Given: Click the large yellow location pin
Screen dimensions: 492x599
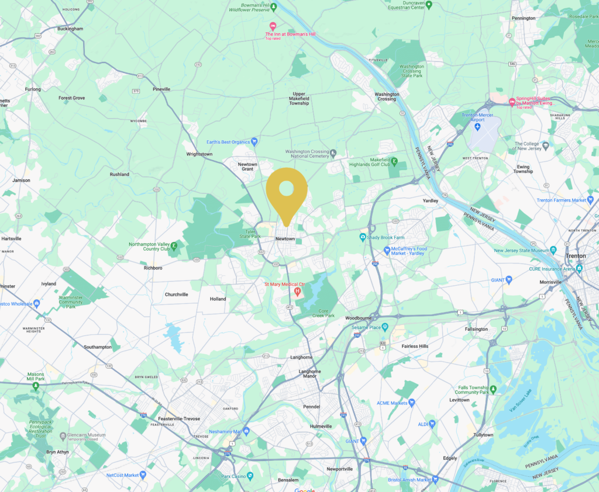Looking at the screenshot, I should (286, 190).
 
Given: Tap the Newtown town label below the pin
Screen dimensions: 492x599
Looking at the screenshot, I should (285, 239).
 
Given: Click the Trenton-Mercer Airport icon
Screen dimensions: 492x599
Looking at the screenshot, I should (478, 127).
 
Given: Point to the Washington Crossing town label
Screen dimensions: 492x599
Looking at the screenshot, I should (387, 96).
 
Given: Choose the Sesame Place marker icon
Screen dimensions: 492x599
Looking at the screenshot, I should (385, 327).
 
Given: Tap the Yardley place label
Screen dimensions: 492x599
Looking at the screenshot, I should (430, 201).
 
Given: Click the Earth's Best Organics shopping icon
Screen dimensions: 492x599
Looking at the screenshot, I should (254, 142).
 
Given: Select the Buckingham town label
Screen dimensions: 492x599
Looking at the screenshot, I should (71, 29).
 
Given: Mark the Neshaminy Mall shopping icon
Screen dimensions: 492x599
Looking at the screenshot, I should (246, 431).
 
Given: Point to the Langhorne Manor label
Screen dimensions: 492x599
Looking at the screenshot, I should (309, 373).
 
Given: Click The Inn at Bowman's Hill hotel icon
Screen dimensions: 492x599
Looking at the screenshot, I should (272, 26).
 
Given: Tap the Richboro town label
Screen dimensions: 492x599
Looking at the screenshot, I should (153, 268).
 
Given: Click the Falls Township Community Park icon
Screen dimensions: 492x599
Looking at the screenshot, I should (493, 389).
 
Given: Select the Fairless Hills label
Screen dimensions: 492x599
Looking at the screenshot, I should (415, 347).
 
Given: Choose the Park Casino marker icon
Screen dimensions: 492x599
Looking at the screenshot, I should (250, 476).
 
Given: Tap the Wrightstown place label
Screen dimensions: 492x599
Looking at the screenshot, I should (199, 154).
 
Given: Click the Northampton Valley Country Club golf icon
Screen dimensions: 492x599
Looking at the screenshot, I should (173, 244).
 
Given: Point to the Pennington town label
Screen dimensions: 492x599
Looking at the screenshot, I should (523, 18).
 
